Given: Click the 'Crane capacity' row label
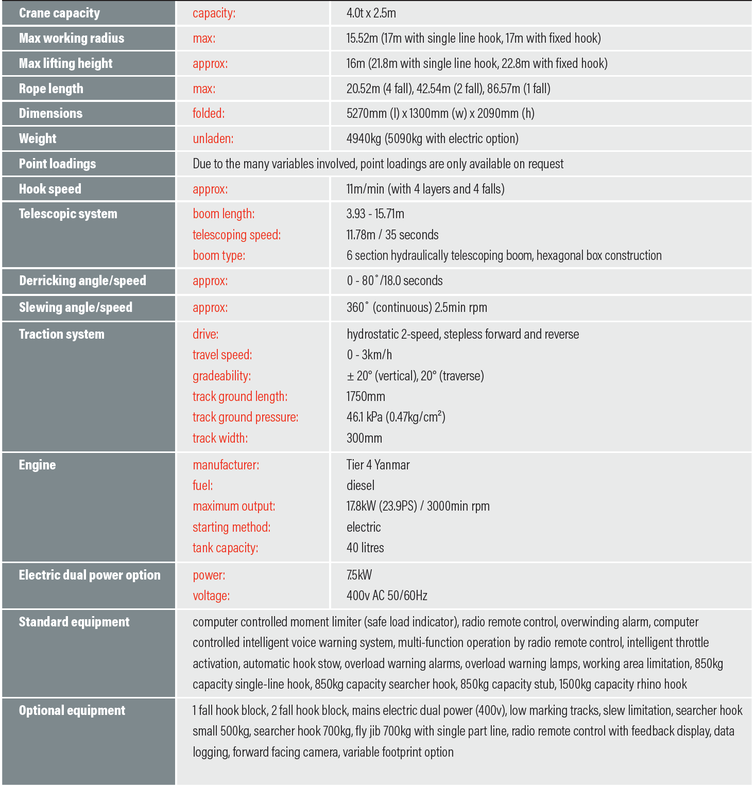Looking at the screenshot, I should coord(59,13).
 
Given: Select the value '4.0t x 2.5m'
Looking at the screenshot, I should coord(371,13).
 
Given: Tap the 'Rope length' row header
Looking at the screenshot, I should coord(51,89).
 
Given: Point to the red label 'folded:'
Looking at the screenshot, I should coord(209,113).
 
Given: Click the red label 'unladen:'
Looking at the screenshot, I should coord(213,138).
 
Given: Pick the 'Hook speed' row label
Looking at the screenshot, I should coord(50,189).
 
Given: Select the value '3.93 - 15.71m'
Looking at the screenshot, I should coord(375,214).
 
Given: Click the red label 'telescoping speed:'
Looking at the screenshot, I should coord(236,235).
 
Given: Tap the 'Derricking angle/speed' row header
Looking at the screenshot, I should coord(82,281).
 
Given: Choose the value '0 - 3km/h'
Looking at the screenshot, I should coord(369,355).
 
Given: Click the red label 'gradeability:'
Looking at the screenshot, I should coord(221,376).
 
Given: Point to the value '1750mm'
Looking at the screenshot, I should coord(366,396).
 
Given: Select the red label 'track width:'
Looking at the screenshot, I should coord(220,438).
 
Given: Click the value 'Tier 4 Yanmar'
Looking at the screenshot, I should coord(378,465).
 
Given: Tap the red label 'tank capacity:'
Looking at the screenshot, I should coord(225,548).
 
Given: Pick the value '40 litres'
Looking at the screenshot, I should coord(365,548).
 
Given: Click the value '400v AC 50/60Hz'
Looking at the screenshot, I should coord(387,596).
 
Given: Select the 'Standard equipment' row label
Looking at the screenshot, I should coord(74,622).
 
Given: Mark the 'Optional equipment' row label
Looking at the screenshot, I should coord(72,710).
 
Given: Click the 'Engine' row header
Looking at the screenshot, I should coord(37,465).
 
